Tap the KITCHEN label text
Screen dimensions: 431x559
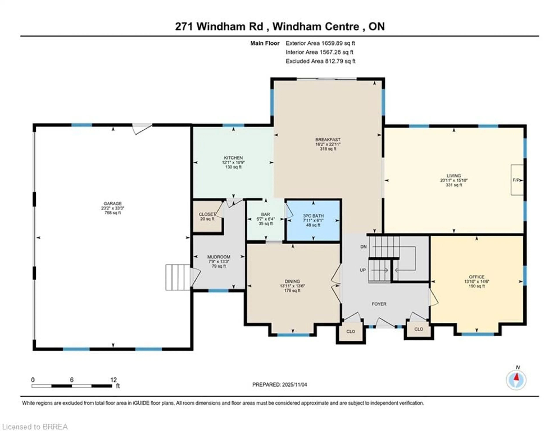pyautogui.click(x=233, y=158)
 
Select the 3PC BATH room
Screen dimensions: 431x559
pyautogui.click(x=313, y=220)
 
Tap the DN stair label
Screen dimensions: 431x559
pyautogui.click(x=363, y=247)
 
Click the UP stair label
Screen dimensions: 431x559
pyautogui.click(x=363, y=270)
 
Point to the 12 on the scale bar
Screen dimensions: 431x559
pyautogui.click(x=113, y=380)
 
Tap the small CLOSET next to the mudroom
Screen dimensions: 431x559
pyautogui.click(x=207, y=216)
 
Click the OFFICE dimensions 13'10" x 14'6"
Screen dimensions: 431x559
pyautogui.click(x=477, y=282)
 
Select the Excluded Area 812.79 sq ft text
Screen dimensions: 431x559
pyautogui.click(x=320, y=61)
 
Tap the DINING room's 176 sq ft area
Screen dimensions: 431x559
pyautogui.click(x=292, y=291)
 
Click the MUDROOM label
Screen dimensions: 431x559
pyautogui.click(x=219, y=257)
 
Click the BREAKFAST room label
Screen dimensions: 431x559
pyautogui.click(x=328, y=140)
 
